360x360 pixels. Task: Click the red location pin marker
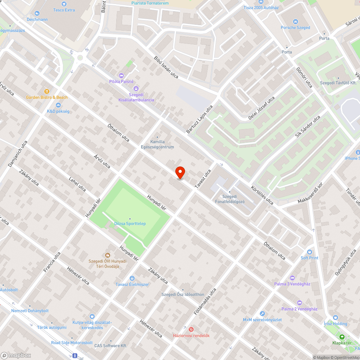(x=180, y=172)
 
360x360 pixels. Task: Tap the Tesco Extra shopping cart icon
(x=64, y=4)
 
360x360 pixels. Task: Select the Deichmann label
(x=37, y=19)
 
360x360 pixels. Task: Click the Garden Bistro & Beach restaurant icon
(x=47, y=91)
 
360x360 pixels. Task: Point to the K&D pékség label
(x=58, y=111)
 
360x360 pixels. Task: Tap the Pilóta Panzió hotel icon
(x=121, y=76)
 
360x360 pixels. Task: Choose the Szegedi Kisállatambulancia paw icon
(x=136, y=89)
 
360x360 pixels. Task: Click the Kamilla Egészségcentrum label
(x=162, y=144)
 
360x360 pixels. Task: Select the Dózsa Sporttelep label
(x=130, y=224)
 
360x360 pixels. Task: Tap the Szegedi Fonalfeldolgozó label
(x=229, y=199)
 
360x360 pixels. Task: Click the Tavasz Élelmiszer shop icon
(x=132, y=278)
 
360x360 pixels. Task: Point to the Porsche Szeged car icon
(x=296, y=21)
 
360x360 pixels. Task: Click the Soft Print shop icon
(x=310, y=252)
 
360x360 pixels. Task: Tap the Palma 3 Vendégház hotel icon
(x=292, y=278)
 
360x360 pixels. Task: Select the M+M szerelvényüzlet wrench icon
(x=262, y=314)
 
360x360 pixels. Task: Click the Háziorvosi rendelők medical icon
(x=191, y=329)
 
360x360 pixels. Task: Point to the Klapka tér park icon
(x=342, y=337)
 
